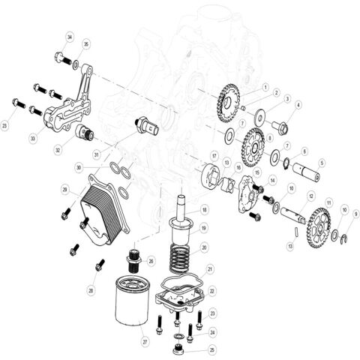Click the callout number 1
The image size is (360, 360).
pos(265,87)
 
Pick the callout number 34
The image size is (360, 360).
pos(70,37)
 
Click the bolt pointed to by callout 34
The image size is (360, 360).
pos(61,57)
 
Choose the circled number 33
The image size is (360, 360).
pos(32,137)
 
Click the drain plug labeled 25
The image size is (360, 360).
pos(178,349)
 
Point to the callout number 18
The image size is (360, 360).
pos(204,210)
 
